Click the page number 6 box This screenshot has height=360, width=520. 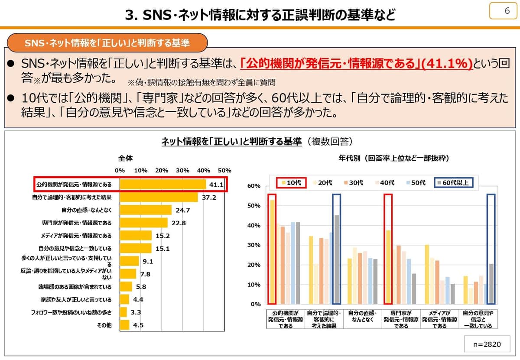(x=503, y=11)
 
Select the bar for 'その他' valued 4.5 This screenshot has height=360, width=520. (x=124, y=325)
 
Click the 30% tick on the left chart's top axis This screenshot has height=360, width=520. (x=182, y=170)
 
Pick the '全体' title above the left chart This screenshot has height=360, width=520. (x=125, y=159)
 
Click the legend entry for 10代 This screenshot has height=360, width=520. (x=291, y=183)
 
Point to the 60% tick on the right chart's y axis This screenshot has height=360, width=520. (x=254, y=186)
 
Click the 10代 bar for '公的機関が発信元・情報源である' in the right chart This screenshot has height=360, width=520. (x=272, y=251)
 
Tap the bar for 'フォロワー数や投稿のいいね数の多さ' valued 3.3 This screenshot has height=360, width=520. (x=123, y=312)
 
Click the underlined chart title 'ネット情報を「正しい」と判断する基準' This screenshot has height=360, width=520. (x=231, y=142)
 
